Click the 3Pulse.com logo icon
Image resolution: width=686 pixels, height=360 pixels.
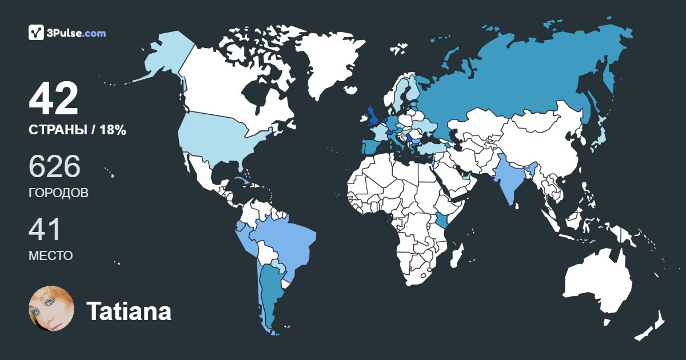point(36,33)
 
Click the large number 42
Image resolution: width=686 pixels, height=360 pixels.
point(53,99)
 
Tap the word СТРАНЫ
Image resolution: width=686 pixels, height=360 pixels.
point(56,130)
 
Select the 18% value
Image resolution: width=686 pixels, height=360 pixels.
point(113,130)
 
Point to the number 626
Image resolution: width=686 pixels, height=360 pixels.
point(54,167)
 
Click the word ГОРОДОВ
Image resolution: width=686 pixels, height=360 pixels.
point(58,193)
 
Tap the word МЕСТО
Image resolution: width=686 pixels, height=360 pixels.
point(50,256)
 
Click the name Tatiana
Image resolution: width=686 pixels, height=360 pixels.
point(129,311)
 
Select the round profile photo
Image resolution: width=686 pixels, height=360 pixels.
point(51,309)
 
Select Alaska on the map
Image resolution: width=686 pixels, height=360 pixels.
point(166,57)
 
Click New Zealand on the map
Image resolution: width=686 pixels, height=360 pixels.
point(652,326)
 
